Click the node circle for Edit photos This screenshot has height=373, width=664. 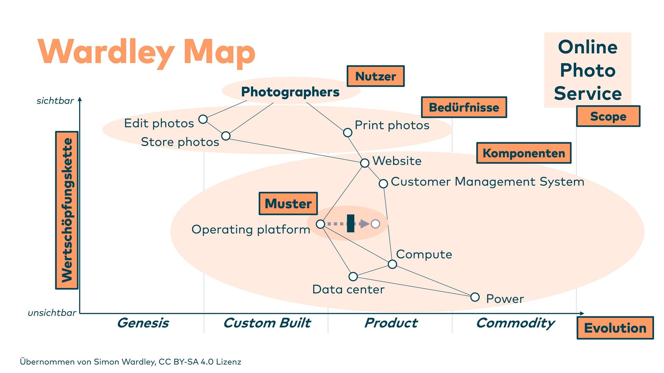tap(203, 119)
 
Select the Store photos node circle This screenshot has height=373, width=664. tap(226, 136)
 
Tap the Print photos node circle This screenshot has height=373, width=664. tap(348, 132)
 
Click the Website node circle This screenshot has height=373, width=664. tap(365, 163)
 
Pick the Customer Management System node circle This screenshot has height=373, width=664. tap(383, 183)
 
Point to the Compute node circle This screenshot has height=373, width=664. tap(392, 264)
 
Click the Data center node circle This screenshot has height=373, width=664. tap(353, 276)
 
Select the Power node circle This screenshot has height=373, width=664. tap(475, 297)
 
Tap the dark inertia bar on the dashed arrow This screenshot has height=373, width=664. tap(351, 223)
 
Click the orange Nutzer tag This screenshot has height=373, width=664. tap(376, 76)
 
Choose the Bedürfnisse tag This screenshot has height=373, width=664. tap(464, 107)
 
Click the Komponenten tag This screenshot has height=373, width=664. tap(524, 153)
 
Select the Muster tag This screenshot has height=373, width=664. tap(288, 203)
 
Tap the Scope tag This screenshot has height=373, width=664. tap(608, 116)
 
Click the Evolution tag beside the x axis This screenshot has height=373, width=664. tap(615, 328)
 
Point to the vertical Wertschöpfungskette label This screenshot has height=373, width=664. tap(67, 210)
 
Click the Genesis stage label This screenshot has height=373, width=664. tap(143, 323)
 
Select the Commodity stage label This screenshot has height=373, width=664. tap(515, 323)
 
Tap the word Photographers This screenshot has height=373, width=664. tap(290, 92)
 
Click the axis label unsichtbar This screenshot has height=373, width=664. tap(52, 313)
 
